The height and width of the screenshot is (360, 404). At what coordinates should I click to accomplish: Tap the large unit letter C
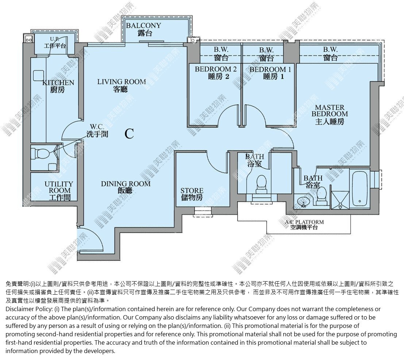click(129, 133)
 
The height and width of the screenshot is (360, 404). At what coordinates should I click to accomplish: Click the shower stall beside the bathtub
click(340, 200)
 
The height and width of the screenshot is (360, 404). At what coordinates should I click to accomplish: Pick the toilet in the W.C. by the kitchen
click(41, 154)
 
